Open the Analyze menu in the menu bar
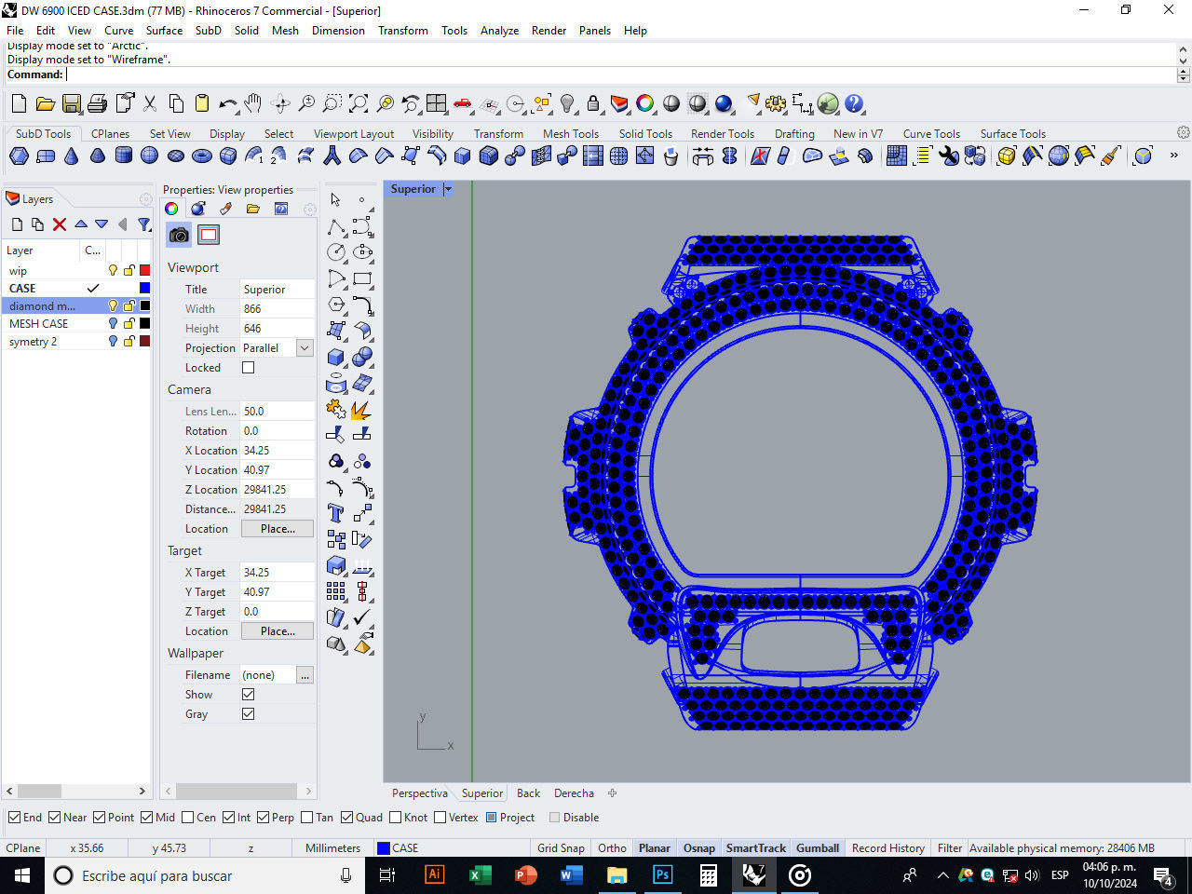[499, 31]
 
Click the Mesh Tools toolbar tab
[570, 134]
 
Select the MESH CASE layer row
[39, 324]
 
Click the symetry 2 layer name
[34, 342]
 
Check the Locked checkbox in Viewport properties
[248, 368]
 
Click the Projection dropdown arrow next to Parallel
[305, 348]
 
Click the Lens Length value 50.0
[254, 412]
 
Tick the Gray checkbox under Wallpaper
[248, 714]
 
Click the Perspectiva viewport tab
[419, 793]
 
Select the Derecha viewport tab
[574, 793]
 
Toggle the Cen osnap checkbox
[188, 818]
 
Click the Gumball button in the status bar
[817, 848]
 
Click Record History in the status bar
[887, 848]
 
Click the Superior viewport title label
[413, 189]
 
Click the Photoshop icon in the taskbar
[662, 875]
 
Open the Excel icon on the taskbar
[480, 875]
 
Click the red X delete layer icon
[60, 224]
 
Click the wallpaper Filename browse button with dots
[305, 675]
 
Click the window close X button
[1168, 10]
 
